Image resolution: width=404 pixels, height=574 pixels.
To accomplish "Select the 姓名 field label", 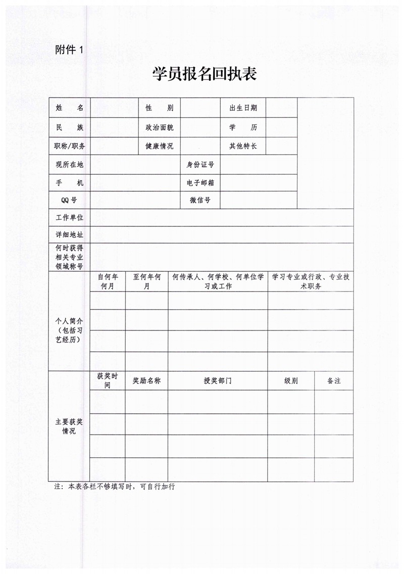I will pos(69,108).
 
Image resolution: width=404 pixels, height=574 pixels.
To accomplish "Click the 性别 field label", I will pos(159,108).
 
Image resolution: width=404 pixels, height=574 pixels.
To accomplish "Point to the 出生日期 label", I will pos(243,108).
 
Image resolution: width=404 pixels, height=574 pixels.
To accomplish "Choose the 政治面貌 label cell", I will pos(159,127).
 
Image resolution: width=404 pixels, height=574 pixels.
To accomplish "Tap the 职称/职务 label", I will pos(69,147).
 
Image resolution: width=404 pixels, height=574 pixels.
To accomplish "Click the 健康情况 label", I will pos(159,147).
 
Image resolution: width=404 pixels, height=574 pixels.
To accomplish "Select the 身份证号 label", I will pos(200,165).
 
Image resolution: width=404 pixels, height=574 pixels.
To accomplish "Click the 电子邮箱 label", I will pos(200,183).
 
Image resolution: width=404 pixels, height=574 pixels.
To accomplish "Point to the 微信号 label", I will pos(200,201).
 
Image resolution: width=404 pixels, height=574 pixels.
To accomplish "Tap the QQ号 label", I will pos(69,201).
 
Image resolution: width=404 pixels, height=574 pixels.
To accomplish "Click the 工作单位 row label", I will pos(69,218).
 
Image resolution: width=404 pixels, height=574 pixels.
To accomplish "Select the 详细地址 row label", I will pos(69,235).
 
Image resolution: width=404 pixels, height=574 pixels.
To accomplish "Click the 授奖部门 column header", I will pos(218,381).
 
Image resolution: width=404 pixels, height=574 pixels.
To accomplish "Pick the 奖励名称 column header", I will pos(146,381).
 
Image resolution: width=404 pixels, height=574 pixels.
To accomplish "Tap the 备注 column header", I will pos(334,381).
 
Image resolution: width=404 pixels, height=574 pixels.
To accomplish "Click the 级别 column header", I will pos(291,381).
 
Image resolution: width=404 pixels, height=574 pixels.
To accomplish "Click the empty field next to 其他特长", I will pos(281,147).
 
